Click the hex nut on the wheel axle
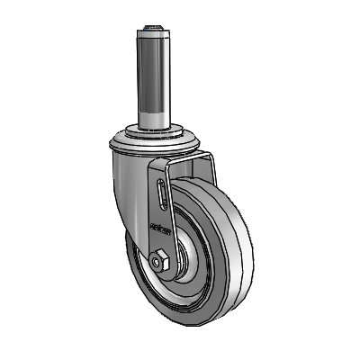(x=161, y=263)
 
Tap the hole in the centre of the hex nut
(x=161, y=263)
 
